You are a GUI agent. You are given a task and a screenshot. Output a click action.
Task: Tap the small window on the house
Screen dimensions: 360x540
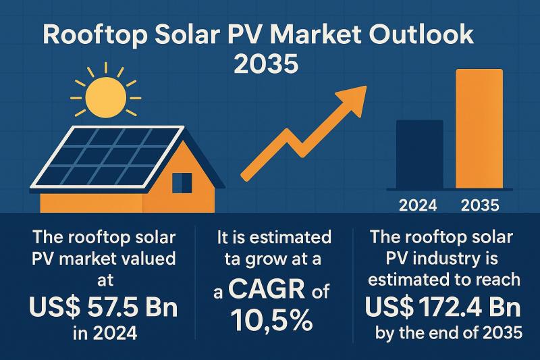[x=182, y=182]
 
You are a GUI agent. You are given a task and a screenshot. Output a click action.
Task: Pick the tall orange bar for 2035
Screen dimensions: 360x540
[x=479, y=128]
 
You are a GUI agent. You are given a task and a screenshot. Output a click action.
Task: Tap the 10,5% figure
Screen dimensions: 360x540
[x=270, y=320]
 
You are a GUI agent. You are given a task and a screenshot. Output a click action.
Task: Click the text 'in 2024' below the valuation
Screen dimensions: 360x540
[x=103, y=332]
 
